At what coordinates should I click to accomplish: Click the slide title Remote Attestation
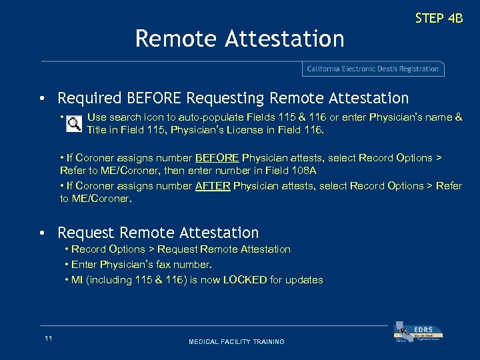click(239, 39)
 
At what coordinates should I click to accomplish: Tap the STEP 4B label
click(439, 18)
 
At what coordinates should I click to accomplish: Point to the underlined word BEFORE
click(217, 158)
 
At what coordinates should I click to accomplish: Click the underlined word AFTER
click(213, 185)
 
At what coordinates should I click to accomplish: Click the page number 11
click(49, 339)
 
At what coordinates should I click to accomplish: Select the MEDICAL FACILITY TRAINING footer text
click(236, 342)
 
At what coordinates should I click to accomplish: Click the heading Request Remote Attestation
click(158, 233)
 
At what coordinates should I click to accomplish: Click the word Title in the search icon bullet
click(97, 130)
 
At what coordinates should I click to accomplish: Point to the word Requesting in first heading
click(225, 99)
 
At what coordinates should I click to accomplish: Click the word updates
click(304, 280)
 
